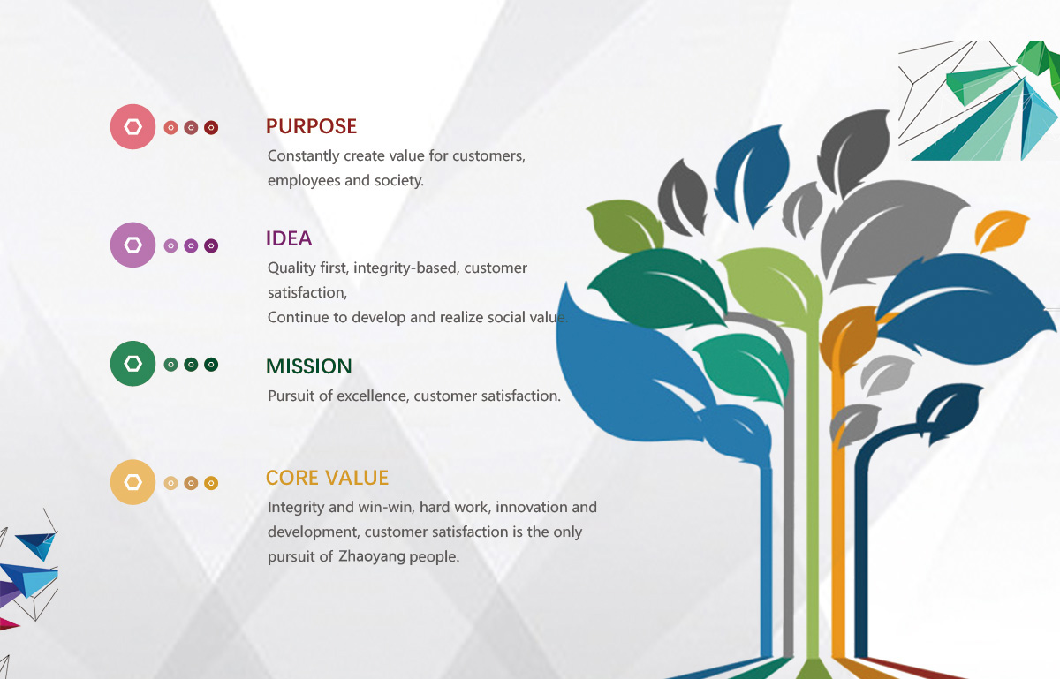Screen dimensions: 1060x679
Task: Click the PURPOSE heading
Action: point(311,126)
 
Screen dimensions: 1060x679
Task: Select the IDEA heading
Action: point(289,238)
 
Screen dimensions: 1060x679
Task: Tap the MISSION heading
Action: point(309,366)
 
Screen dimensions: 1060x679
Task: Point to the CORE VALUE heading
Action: point(327,478)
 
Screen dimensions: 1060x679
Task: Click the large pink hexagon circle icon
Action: point(133,127)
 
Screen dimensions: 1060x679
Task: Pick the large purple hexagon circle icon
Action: point(133,245)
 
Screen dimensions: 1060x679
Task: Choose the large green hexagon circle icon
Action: point(133,364)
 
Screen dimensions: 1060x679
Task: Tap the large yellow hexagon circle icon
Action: point(133,482)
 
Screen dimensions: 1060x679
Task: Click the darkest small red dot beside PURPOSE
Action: point(211,128)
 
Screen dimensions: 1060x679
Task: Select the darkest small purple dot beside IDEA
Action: point(211,246)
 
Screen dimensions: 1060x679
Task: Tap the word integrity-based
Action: point(406,268)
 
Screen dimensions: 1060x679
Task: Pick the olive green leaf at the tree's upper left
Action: point(625,226)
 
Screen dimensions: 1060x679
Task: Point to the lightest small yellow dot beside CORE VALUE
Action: point(170,483)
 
